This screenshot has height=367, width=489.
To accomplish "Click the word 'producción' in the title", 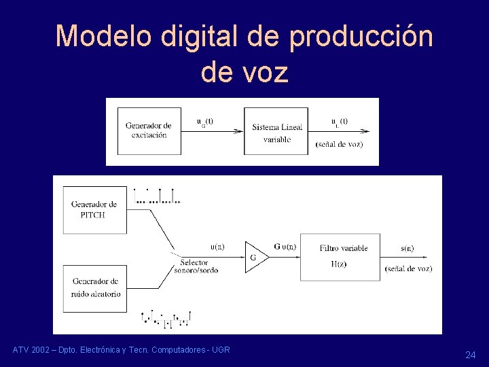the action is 361,36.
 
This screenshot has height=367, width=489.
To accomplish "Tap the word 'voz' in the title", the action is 265,72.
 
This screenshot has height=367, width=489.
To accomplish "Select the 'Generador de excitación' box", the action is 148,130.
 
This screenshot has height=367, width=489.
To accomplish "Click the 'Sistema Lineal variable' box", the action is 276,132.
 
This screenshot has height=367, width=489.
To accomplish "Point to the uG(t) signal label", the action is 204,122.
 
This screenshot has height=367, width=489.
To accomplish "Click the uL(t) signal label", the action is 340,122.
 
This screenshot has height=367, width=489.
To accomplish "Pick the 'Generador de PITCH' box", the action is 94,209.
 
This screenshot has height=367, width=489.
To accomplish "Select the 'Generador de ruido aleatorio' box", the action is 94,287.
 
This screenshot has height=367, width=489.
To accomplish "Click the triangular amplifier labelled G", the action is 255,257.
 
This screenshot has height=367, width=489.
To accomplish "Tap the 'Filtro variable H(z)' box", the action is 343,256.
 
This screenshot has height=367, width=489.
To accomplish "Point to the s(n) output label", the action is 407,248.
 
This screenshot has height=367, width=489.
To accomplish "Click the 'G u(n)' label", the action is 285,247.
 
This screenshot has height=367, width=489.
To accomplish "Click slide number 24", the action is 470,355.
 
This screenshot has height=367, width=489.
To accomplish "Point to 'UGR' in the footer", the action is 221,350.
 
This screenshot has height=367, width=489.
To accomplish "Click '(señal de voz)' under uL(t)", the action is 339,144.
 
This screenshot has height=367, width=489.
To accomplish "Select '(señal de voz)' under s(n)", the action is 408,268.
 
